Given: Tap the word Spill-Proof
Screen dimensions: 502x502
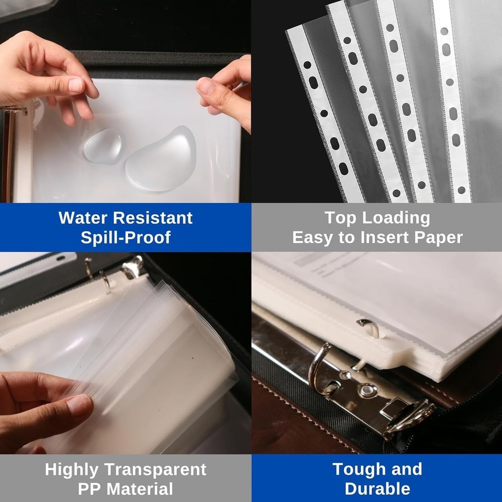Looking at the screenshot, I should (x=125, y=237).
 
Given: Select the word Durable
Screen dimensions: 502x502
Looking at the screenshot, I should (x=377, y=489).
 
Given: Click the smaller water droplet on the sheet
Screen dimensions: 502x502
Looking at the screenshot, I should (x=102, y=146).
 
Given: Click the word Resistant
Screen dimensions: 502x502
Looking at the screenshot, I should (x=154, y=218).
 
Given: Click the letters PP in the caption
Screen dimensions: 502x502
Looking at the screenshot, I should (x=90, y=489).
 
